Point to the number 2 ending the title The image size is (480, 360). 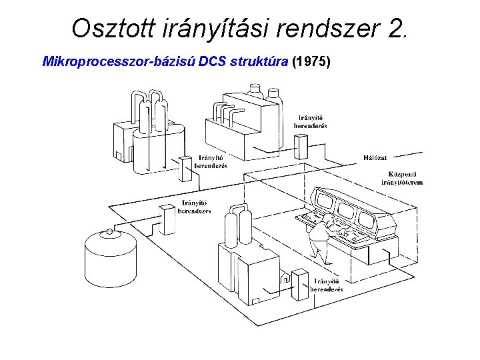[x=394, y=29]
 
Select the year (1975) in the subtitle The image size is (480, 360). [x=311, y=62]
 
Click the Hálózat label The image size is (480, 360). [x=375, y=157]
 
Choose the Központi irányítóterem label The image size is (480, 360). [x=401, y=177]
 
